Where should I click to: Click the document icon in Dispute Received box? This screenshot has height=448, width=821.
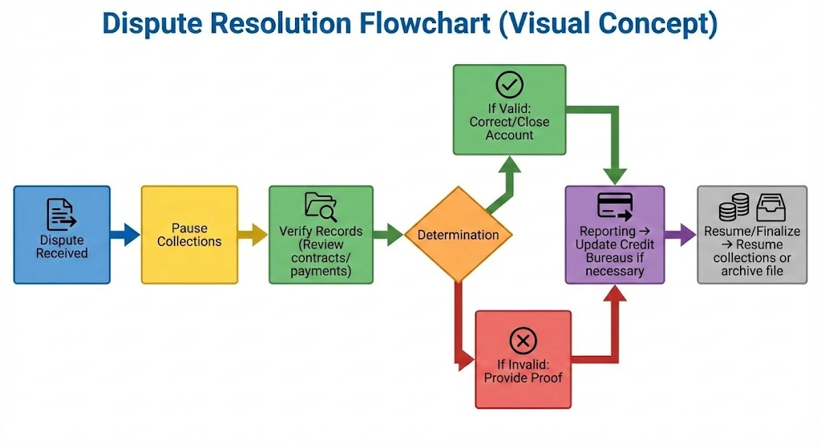pyautogui.click(x=61, y=214)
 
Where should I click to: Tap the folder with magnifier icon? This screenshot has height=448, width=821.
pyautogui.click(x=321, y=207)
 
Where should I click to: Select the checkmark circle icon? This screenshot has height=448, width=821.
pyautogui.click(x=509, y=84)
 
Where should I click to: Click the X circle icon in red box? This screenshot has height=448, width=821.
pyautogui.click(x=523, y=341)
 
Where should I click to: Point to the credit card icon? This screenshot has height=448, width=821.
pyautogui.click(x=614, y=207)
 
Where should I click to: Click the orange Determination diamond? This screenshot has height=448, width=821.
pyautogui.click(x=458, y=235)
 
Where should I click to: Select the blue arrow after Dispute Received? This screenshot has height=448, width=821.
pyautogui.click(x=124, y=235)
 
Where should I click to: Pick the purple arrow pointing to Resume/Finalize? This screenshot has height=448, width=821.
pyautogui.click(x=680, y=235)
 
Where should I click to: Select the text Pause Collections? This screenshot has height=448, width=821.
pyautogui.click(x=189, y=235)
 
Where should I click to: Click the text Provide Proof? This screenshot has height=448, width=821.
pyautogui.click(x=523, y=377)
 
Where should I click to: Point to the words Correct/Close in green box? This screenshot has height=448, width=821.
pyautogui.click(x=509, y=122)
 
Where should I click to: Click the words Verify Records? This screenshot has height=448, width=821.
pyautogui.click(x=321, y=231)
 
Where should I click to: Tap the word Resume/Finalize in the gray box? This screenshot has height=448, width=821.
pyautogui.click(x=752, y=231)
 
